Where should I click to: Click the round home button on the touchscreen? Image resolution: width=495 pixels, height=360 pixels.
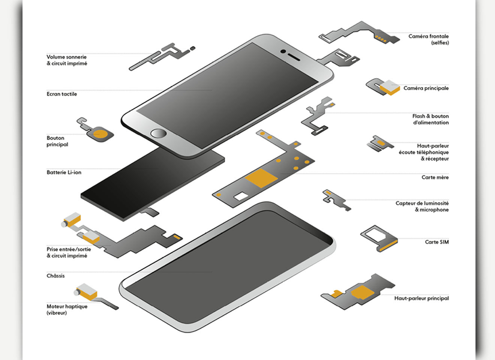(x=159, y=133)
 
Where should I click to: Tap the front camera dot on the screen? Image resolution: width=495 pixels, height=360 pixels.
(x=283, y=51)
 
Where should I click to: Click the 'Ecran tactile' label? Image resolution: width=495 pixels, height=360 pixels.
(x=62, y=94)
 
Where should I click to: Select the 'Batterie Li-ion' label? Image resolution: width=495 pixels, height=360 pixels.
(x=64, y=172)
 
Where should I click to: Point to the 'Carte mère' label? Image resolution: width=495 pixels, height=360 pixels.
(x=435, y=177)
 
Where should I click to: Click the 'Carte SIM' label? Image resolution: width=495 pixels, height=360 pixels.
(x=437, y=242)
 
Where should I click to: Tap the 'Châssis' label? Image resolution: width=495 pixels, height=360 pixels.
(x=55, y=276)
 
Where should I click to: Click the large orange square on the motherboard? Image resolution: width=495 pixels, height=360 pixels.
(x=261, y=178)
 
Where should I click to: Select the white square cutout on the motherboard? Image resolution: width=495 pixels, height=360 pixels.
(x=241, y=196)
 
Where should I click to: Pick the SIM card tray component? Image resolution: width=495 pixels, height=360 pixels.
(x=379, y=238)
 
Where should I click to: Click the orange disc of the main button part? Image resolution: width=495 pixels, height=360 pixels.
(x=100, y=134)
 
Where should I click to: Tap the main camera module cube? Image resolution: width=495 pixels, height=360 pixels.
(x=390, y=87)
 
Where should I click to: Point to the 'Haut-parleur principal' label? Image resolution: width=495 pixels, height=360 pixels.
(x=421, y=298)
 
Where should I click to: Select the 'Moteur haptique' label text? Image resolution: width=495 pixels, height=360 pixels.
(x=67, y=306)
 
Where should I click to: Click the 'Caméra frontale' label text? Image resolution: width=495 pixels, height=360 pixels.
(x=429, y=36)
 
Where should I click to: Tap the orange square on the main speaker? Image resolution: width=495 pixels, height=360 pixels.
(x=362, y=292)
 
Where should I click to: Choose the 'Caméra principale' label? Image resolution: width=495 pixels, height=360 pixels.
(x=426, y=88)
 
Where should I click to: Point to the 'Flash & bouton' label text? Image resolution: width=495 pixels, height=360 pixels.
(x=430, y=116)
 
